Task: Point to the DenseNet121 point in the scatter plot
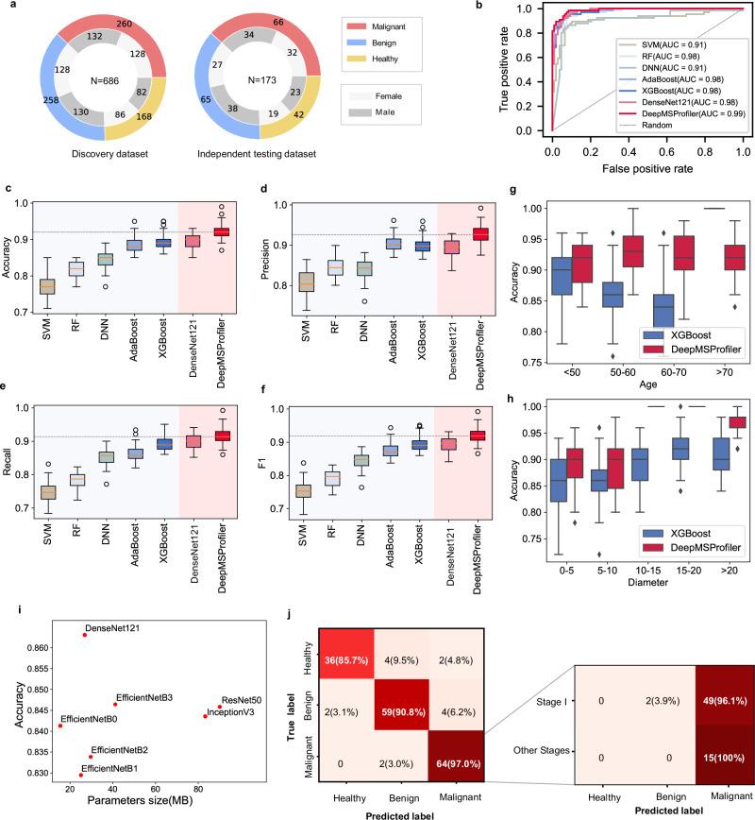[84, 635]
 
